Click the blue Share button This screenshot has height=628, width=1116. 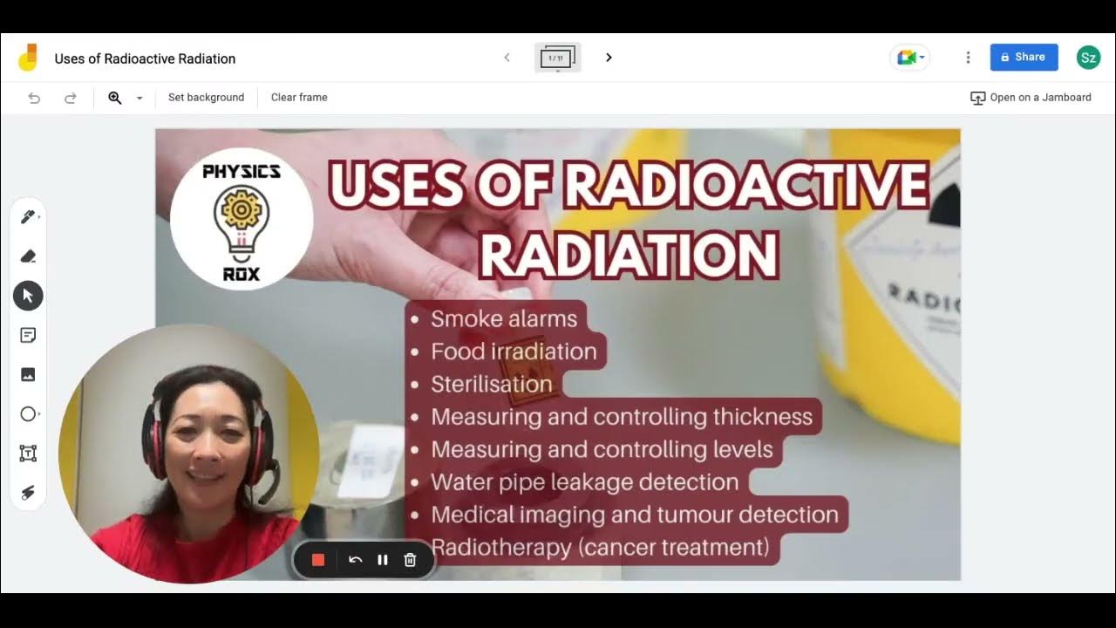pyautogui.click(x=1024, y=58)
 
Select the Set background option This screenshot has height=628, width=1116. pyautogui.click(x=206, y=98)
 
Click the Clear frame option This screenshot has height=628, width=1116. pyautogui.click(x=299, y=98)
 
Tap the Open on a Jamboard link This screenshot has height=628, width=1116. pyautogui.click(x=1031, y=98)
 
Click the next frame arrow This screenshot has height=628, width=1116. pyautogui.click(x=609, y=58)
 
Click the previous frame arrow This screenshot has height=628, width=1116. pyautogui.click(x=507, y=58)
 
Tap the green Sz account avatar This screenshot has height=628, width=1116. pyautogui.click(x=1088, y=58)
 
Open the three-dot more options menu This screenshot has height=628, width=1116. pyautogui.click(x=968, y=58)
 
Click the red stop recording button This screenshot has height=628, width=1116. pyautogui.click(x=318, y=560)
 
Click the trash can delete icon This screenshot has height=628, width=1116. pyautogui.click(x=410, y=560)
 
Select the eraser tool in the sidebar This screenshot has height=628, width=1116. pyautogui.click(x=28, y=256)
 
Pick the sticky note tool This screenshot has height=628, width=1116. pyautogui.click(x=28, y=335)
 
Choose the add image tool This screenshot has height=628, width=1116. pyautogui.click(x=28, y=374)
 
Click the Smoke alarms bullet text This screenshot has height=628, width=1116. pyautogui.click(x=504, y=319)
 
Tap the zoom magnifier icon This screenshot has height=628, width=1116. pyautogui.click(x=115, y=98)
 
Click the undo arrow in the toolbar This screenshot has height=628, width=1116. pyautogui.click(x=35, y=98)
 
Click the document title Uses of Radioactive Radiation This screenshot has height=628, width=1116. pyautogui.click(x=145, y=58)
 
